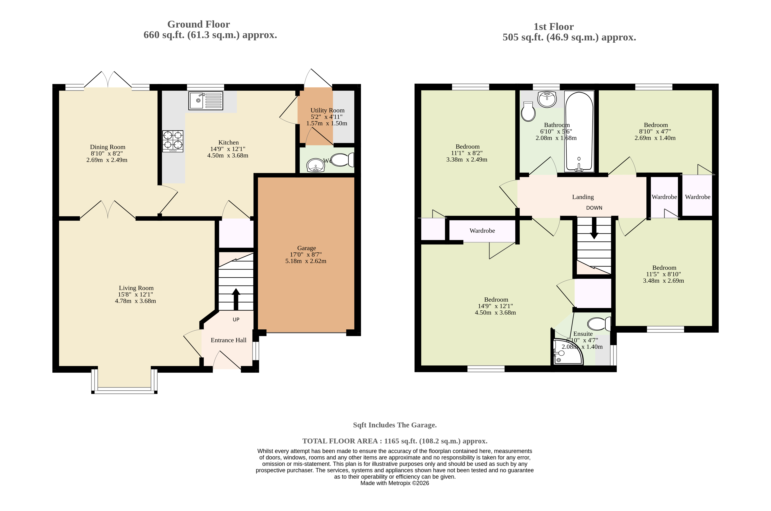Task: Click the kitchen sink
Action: click(x=206, y=101)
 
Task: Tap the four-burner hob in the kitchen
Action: click(x=173, y=141)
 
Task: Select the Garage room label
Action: click(x=307, y=248)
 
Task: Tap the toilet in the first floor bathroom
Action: click(x=528, y=112)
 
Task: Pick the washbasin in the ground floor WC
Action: click(x=316, y=166)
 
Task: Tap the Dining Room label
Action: click(x=108, y=147)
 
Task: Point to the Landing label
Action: click(x=583, y=197)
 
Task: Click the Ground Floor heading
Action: click(x=199, y=24)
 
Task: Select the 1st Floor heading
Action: click(x=554, y=27)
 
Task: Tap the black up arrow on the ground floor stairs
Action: click(x=236, y=299)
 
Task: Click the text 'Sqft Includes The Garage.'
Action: click(x=395, y=425)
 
